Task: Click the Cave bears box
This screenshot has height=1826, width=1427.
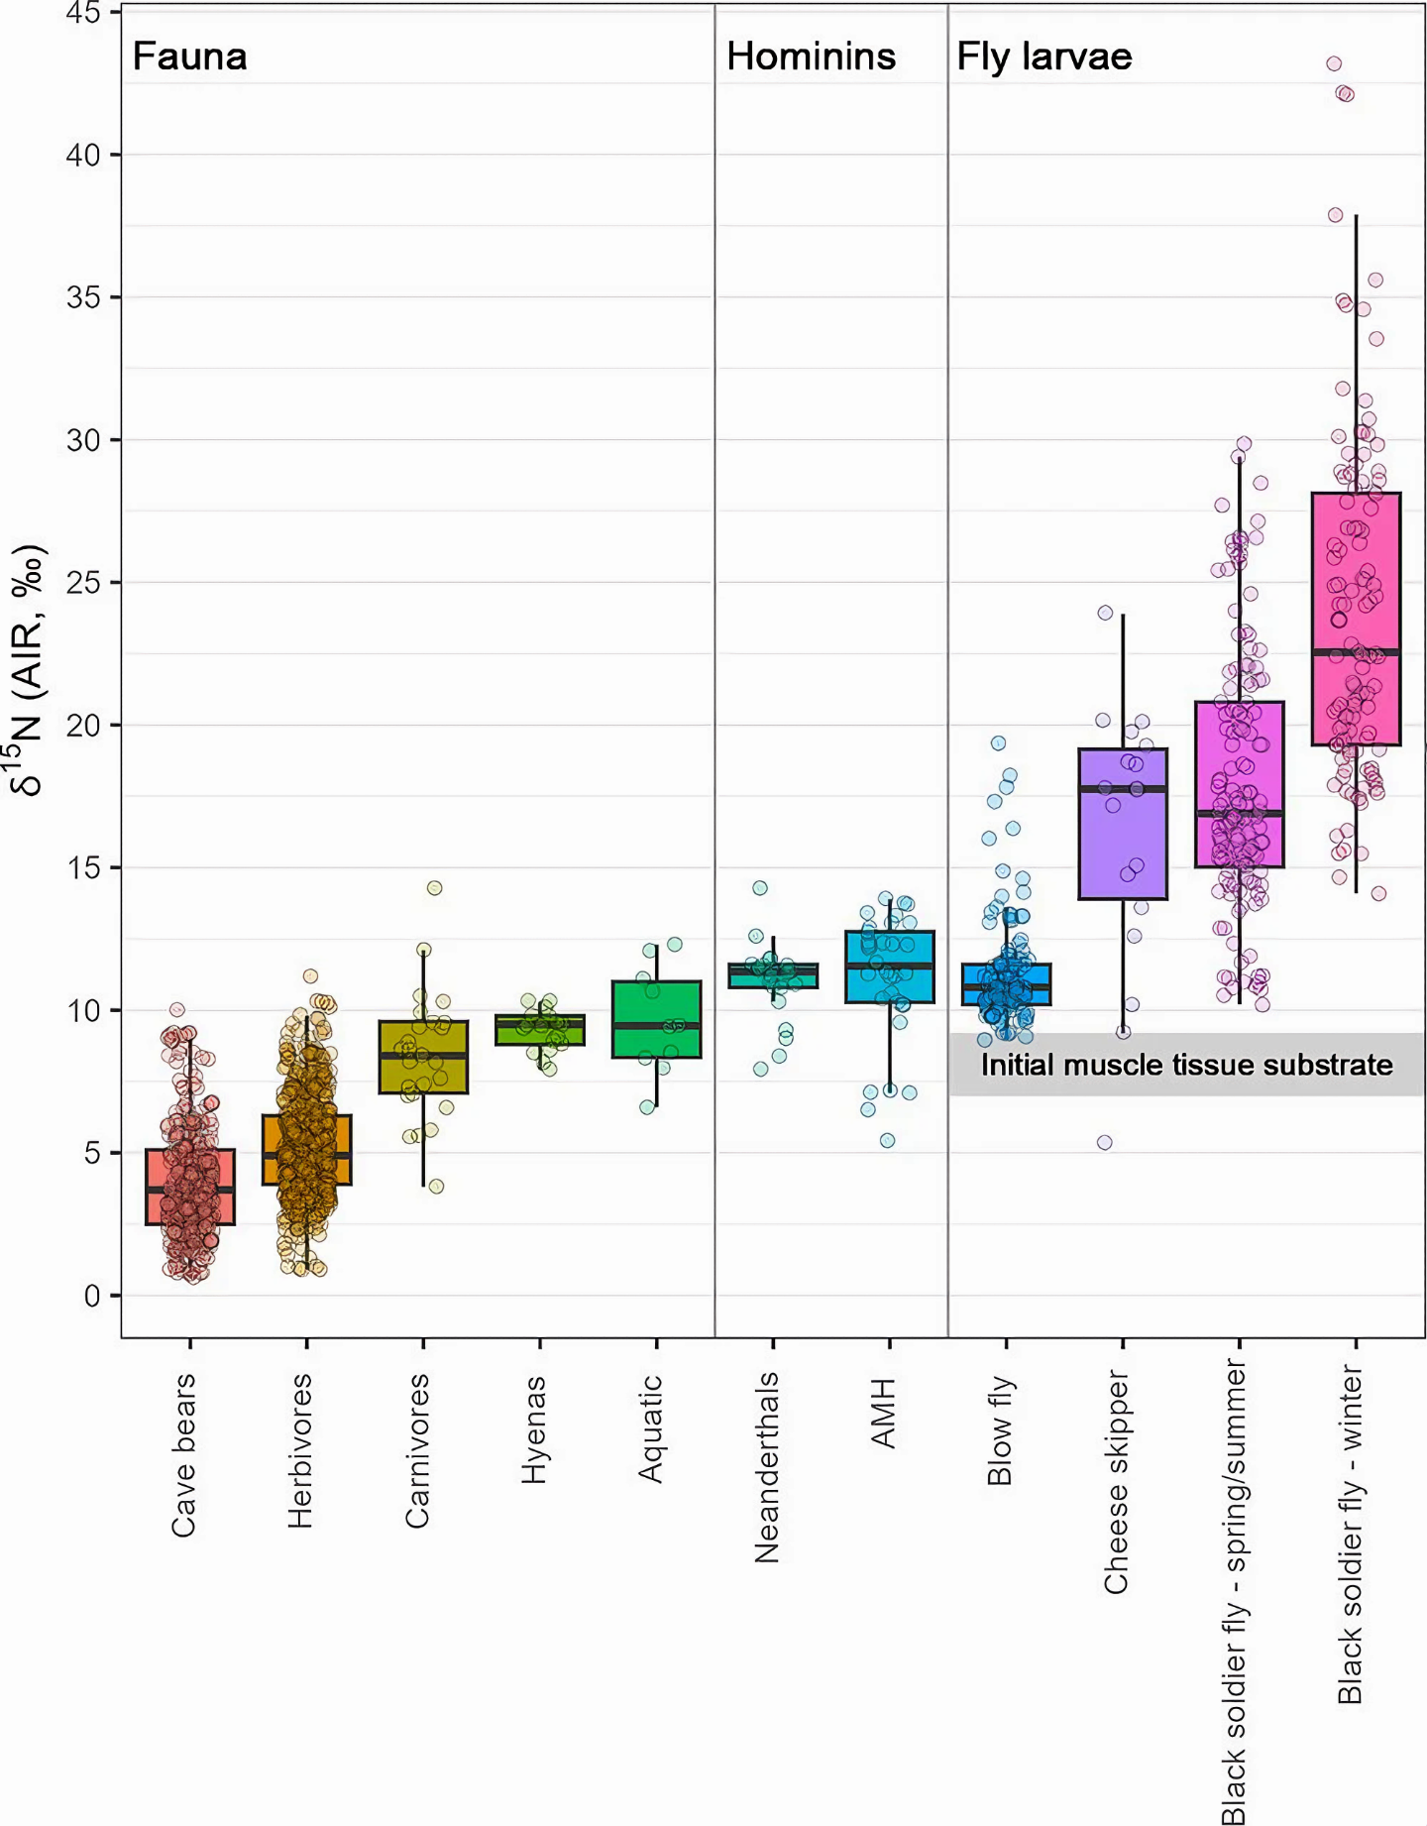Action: pyautogui.click(x=189, y=1187)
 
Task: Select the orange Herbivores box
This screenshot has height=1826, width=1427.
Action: pyautogui.click(x=306, y=1150)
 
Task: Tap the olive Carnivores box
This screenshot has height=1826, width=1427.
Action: pyautogui.click(x=423, y=1057)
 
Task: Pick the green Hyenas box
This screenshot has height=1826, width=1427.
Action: pyautogui.click(x=539, y=1030)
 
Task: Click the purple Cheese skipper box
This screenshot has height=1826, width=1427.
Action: pyautogui.click(x=1123, y=824)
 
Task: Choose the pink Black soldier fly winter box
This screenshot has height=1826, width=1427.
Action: pyautogui.click(x=1356, y=619)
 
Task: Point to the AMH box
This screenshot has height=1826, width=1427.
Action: pyautogui.click(x=889, y=967)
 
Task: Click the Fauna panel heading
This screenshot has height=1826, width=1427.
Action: pyautogui.click(x=189, y=57)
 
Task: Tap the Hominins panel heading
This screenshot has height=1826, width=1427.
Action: pyautogui.click(x=811, y=57)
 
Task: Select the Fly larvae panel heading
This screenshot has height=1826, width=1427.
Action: pyautogui.click(x=1043, y=57)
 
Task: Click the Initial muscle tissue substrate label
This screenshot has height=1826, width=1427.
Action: pyautogui.click(x=1186, y=1065)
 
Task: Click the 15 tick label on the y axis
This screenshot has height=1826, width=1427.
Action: pyautogui.click(x=83, y=867)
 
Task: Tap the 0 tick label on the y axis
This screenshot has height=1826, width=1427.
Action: pyautogui.click(x=92, y=1296)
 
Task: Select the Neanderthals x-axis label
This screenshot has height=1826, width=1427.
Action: pyautogui.click(x=766, y=1467)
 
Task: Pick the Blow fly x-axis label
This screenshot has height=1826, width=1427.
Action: pyautogui.click(x=999, y=1429)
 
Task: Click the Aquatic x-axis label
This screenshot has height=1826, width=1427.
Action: pyautogui.click(x=650, y=1428)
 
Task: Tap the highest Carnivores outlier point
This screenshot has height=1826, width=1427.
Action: pyautogui.click(x=434, y=887)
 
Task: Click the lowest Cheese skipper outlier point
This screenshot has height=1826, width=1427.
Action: pyautogui.click(x=1104, y=1142)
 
